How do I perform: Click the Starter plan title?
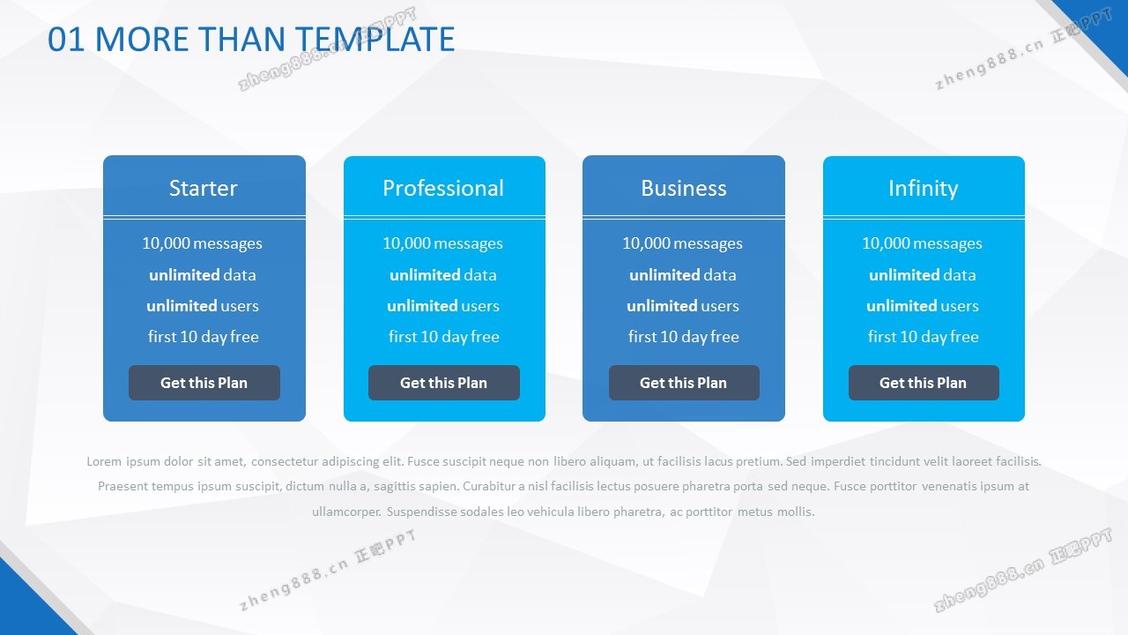point(203,188)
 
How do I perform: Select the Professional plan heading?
point(443,188)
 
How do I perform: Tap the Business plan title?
point(683,188)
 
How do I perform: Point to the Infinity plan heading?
point(923,189)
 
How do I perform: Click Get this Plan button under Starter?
point(204,383)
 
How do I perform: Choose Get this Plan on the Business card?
point(684,383)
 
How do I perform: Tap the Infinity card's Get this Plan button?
point(924,383)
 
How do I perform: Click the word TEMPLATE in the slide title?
point(375,40)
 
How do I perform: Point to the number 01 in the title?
point(66,40)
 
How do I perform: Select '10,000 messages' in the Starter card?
point(203,243)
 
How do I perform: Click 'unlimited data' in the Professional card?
point(443,275)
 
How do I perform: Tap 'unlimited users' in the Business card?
point(683,306)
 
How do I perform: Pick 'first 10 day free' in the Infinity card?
point(923,337)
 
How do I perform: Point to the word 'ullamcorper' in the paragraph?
point(346,512)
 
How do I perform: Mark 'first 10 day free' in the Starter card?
point(203,337)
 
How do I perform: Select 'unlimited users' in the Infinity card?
point(923,306)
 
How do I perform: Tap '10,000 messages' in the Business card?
point(682,243)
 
